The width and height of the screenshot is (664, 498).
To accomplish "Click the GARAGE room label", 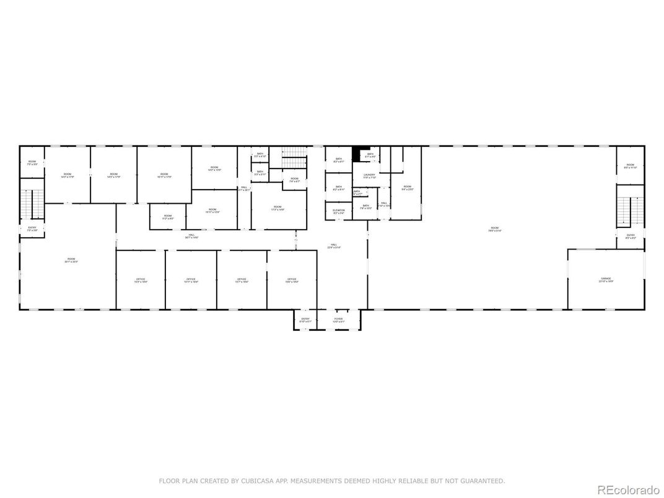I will pos(605,279).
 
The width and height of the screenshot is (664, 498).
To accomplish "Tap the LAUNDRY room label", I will pos(369,175).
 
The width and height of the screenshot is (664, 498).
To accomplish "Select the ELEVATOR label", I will pos(339,211).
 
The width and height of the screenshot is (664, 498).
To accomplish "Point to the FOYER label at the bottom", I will pos(338,320).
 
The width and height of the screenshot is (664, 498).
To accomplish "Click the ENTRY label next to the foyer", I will pos(305,320).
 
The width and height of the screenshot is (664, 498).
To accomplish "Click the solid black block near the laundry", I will pos(357,153).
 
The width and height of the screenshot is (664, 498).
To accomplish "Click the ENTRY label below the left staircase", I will pos(32,228).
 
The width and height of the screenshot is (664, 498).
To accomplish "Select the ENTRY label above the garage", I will pos(630,235).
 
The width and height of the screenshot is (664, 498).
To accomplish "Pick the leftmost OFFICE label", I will pos(141,280).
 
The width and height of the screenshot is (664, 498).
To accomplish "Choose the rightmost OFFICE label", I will pos(292,280).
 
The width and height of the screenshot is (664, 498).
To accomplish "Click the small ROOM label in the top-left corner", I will pos(32,162).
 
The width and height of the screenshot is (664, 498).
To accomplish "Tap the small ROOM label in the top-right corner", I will pos(630,165).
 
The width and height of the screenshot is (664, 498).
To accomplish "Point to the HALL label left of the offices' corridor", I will pos(193,235).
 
